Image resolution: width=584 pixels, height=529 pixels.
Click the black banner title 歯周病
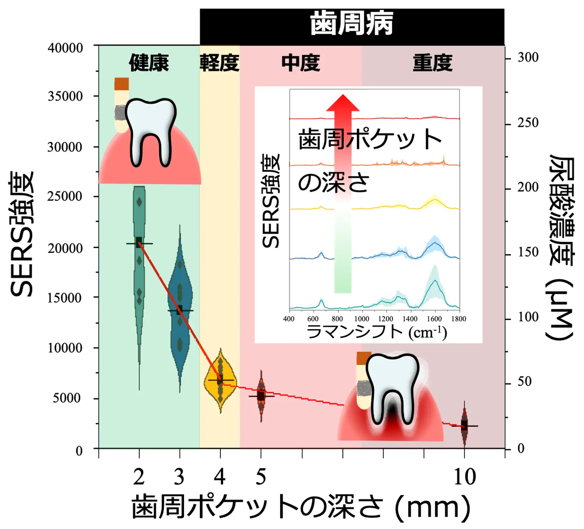(352, 24)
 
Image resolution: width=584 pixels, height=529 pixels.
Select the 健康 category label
(149, 63)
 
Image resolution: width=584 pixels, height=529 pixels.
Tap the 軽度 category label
(219, 63)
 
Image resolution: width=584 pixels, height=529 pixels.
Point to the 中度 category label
(301, 63)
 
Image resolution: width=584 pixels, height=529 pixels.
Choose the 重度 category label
(432, 63)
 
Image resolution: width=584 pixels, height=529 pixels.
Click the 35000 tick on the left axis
(65, 96)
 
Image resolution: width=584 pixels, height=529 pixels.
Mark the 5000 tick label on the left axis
(67, 398)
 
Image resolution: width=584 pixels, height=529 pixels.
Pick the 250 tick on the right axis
(528, 123)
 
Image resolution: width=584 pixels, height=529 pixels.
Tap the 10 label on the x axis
(464, 477)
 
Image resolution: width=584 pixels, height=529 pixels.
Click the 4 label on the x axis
(220, 477)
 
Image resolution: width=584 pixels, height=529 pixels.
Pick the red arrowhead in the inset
(343, 103)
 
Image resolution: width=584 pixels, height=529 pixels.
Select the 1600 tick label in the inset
(434, 319)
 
